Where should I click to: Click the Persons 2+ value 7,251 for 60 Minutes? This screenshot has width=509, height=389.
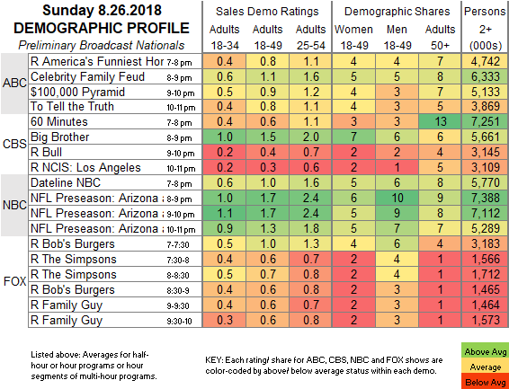[486, 121]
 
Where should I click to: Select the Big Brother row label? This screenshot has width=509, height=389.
[59, 137]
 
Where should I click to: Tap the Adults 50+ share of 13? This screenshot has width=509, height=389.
[440, 121]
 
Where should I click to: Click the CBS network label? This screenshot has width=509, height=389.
[14, 144]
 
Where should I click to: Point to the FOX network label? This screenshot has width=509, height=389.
[14, 281]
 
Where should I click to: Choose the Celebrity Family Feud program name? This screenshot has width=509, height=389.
[87, 77]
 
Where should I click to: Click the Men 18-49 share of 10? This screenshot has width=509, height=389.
[397, 198]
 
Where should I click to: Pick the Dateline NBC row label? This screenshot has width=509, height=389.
[66, 182]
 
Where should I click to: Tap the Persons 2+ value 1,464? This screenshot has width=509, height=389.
[486, 305]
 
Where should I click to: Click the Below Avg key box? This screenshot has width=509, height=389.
[486, 381]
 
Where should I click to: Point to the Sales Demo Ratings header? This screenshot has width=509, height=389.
[267, 12]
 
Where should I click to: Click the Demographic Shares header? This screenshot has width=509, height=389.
[397, 12]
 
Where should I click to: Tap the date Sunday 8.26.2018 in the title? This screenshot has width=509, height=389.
[102, 11]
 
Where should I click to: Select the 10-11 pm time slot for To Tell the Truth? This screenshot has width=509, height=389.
[181, 108]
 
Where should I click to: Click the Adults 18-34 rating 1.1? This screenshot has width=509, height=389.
[224, 213]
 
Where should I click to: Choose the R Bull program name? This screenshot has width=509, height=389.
[46, 152]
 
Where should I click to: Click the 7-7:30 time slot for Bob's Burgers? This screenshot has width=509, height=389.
[177, 244]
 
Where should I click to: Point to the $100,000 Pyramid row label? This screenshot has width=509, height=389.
[77, 92]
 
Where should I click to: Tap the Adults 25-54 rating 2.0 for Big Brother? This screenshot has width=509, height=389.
[310, 137]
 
